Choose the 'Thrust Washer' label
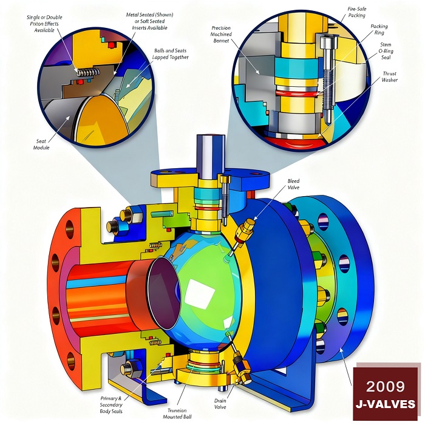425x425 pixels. point(389,76)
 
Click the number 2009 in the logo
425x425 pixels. point(386,385)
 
